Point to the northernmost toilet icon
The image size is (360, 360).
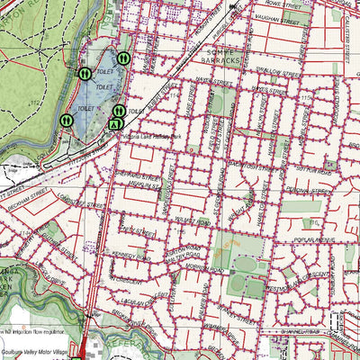pyautogui.click(x=123, y=59)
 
